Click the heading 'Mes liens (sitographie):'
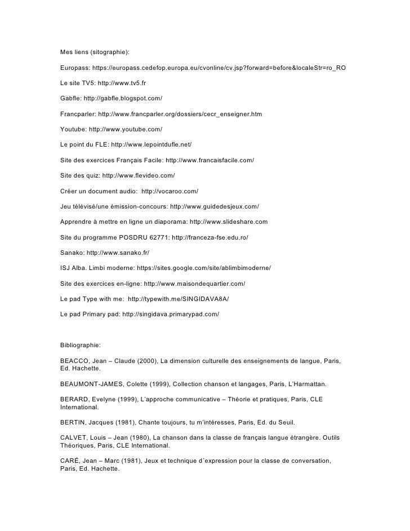pyautogui.click(x=94, y=52)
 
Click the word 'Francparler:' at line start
pyautogui.click(x=78, y=114)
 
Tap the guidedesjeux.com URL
pyautogui.click(x=214, y=206)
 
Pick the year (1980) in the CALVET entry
pyautogui.click(x=143, y=438)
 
